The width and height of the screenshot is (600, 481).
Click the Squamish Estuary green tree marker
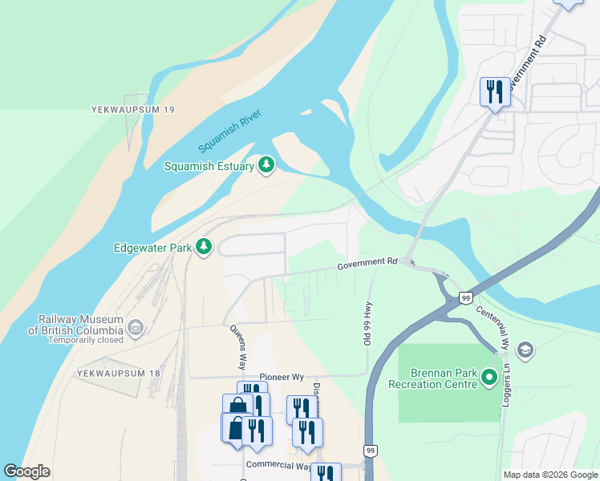pos(266,166)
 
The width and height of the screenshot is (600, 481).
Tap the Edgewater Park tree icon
pos(204,248)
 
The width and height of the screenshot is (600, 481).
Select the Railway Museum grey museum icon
pos(135,328)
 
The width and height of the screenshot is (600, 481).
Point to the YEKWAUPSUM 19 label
pos(132,109)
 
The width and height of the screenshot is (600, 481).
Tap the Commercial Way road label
pos(278,465)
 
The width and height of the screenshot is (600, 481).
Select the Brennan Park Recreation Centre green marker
pos(489,378)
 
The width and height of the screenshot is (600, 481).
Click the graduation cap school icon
pos(525,350)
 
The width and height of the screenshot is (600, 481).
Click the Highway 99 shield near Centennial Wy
pos(464,297)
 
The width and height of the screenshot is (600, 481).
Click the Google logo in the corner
pos(26,471)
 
